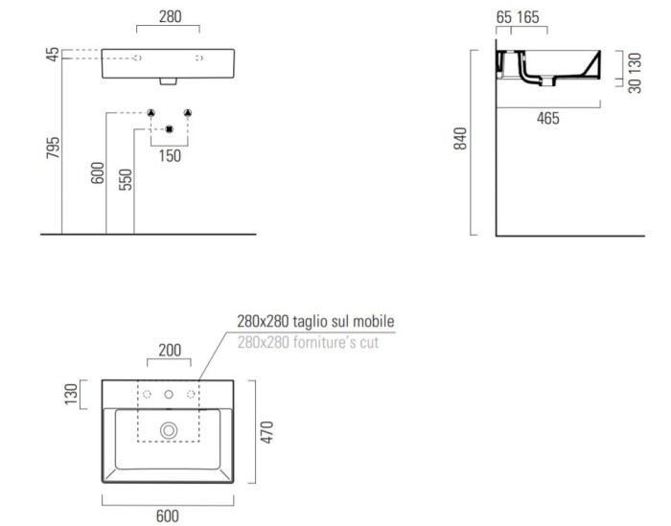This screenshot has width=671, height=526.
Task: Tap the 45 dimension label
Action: point(52,55)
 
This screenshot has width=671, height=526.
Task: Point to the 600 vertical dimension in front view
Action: point(98,172)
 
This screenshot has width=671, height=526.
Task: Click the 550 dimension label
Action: point(126,179)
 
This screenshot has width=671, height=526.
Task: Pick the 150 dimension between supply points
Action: point(170,155)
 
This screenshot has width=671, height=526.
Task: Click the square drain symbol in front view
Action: point(170,128)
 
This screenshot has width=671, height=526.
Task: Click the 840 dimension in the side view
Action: point(460,139)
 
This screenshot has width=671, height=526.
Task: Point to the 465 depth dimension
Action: point(548,118)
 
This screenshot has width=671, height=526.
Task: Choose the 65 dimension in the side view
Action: point(504,17)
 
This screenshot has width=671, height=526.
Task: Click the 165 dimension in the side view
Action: point(529,17)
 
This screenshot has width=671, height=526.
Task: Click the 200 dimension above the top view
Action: point(170,352)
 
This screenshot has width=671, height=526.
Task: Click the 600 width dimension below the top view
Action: point(167,514)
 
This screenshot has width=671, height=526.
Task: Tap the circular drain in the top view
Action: point(170,430)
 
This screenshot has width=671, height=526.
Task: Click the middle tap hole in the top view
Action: point(170,394)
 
